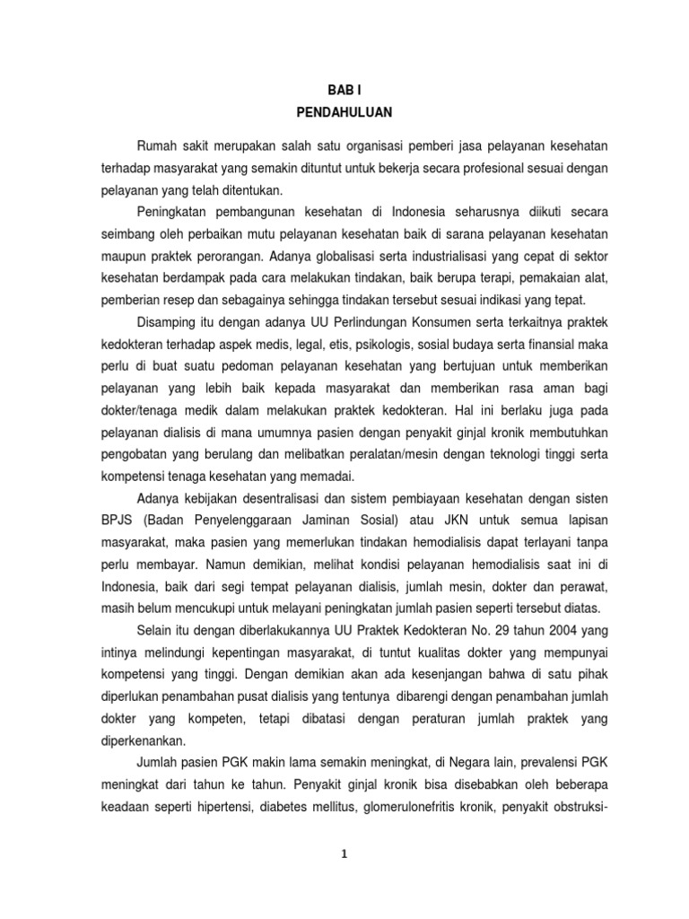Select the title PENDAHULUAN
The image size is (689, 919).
click(x=344, y=113)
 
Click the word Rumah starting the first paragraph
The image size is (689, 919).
click(x=159, y=146)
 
